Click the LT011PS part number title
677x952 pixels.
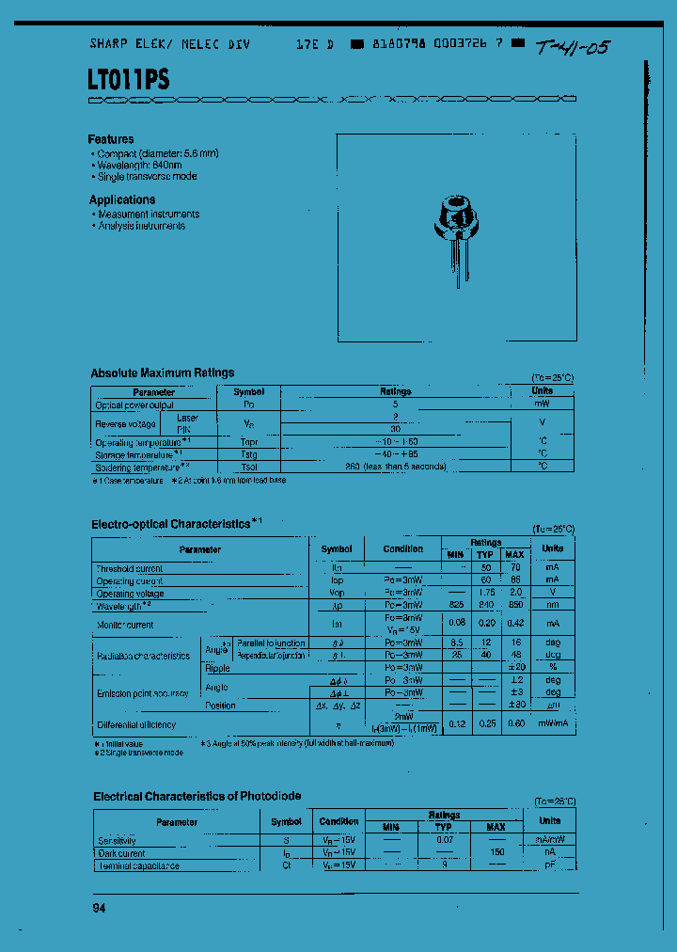click(129, 80)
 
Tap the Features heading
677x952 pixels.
click(111, 139)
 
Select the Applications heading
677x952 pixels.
click(122, 199)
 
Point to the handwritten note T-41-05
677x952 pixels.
click(572, 47)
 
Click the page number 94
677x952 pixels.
click(99, 908)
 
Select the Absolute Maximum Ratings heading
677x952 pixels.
click(163, 373)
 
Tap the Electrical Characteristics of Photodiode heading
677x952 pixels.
click(197, 797)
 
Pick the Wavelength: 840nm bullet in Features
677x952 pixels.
click(142, 165)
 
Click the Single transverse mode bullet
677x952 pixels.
click(147, 177)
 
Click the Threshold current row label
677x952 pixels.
click(129, 569)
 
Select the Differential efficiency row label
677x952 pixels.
click(136, 725)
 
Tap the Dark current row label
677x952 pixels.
click(122, 853)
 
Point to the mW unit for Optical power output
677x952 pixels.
click(542, 405)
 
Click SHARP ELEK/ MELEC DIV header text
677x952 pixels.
click(169, 44)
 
